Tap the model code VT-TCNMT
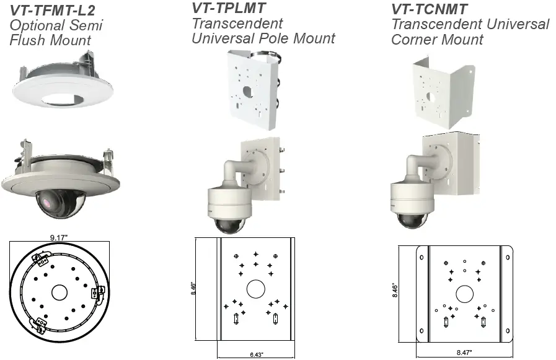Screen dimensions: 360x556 (429, 9)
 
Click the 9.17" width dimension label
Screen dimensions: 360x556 (60, 236)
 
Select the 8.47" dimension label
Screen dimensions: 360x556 (463, 352)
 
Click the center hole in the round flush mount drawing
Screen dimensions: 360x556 (59, 291)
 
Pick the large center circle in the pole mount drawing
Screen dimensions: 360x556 (255, 289)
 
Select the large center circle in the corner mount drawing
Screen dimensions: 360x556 (464, 293)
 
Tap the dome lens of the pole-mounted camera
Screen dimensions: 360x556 (229, 222)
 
